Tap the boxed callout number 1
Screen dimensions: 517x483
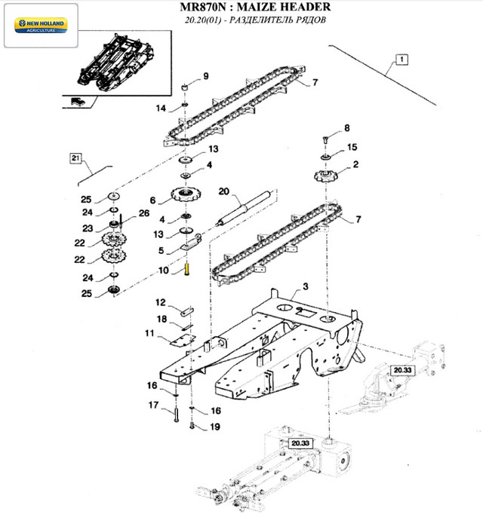[402, 59]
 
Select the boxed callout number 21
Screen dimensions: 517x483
[75, 158]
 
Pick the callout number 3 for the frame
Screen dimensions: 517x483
[306, 286]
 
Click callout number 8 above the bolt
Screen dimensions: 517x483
[347, 127]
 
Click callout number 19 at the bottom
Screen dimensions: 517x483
[215, 426]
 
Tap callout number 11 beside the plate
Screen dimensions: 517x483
[149, 332]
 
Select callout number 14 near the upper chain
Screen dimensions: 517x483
[161, 109]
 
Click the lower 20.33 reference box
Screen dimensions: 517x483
[299, 443]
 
